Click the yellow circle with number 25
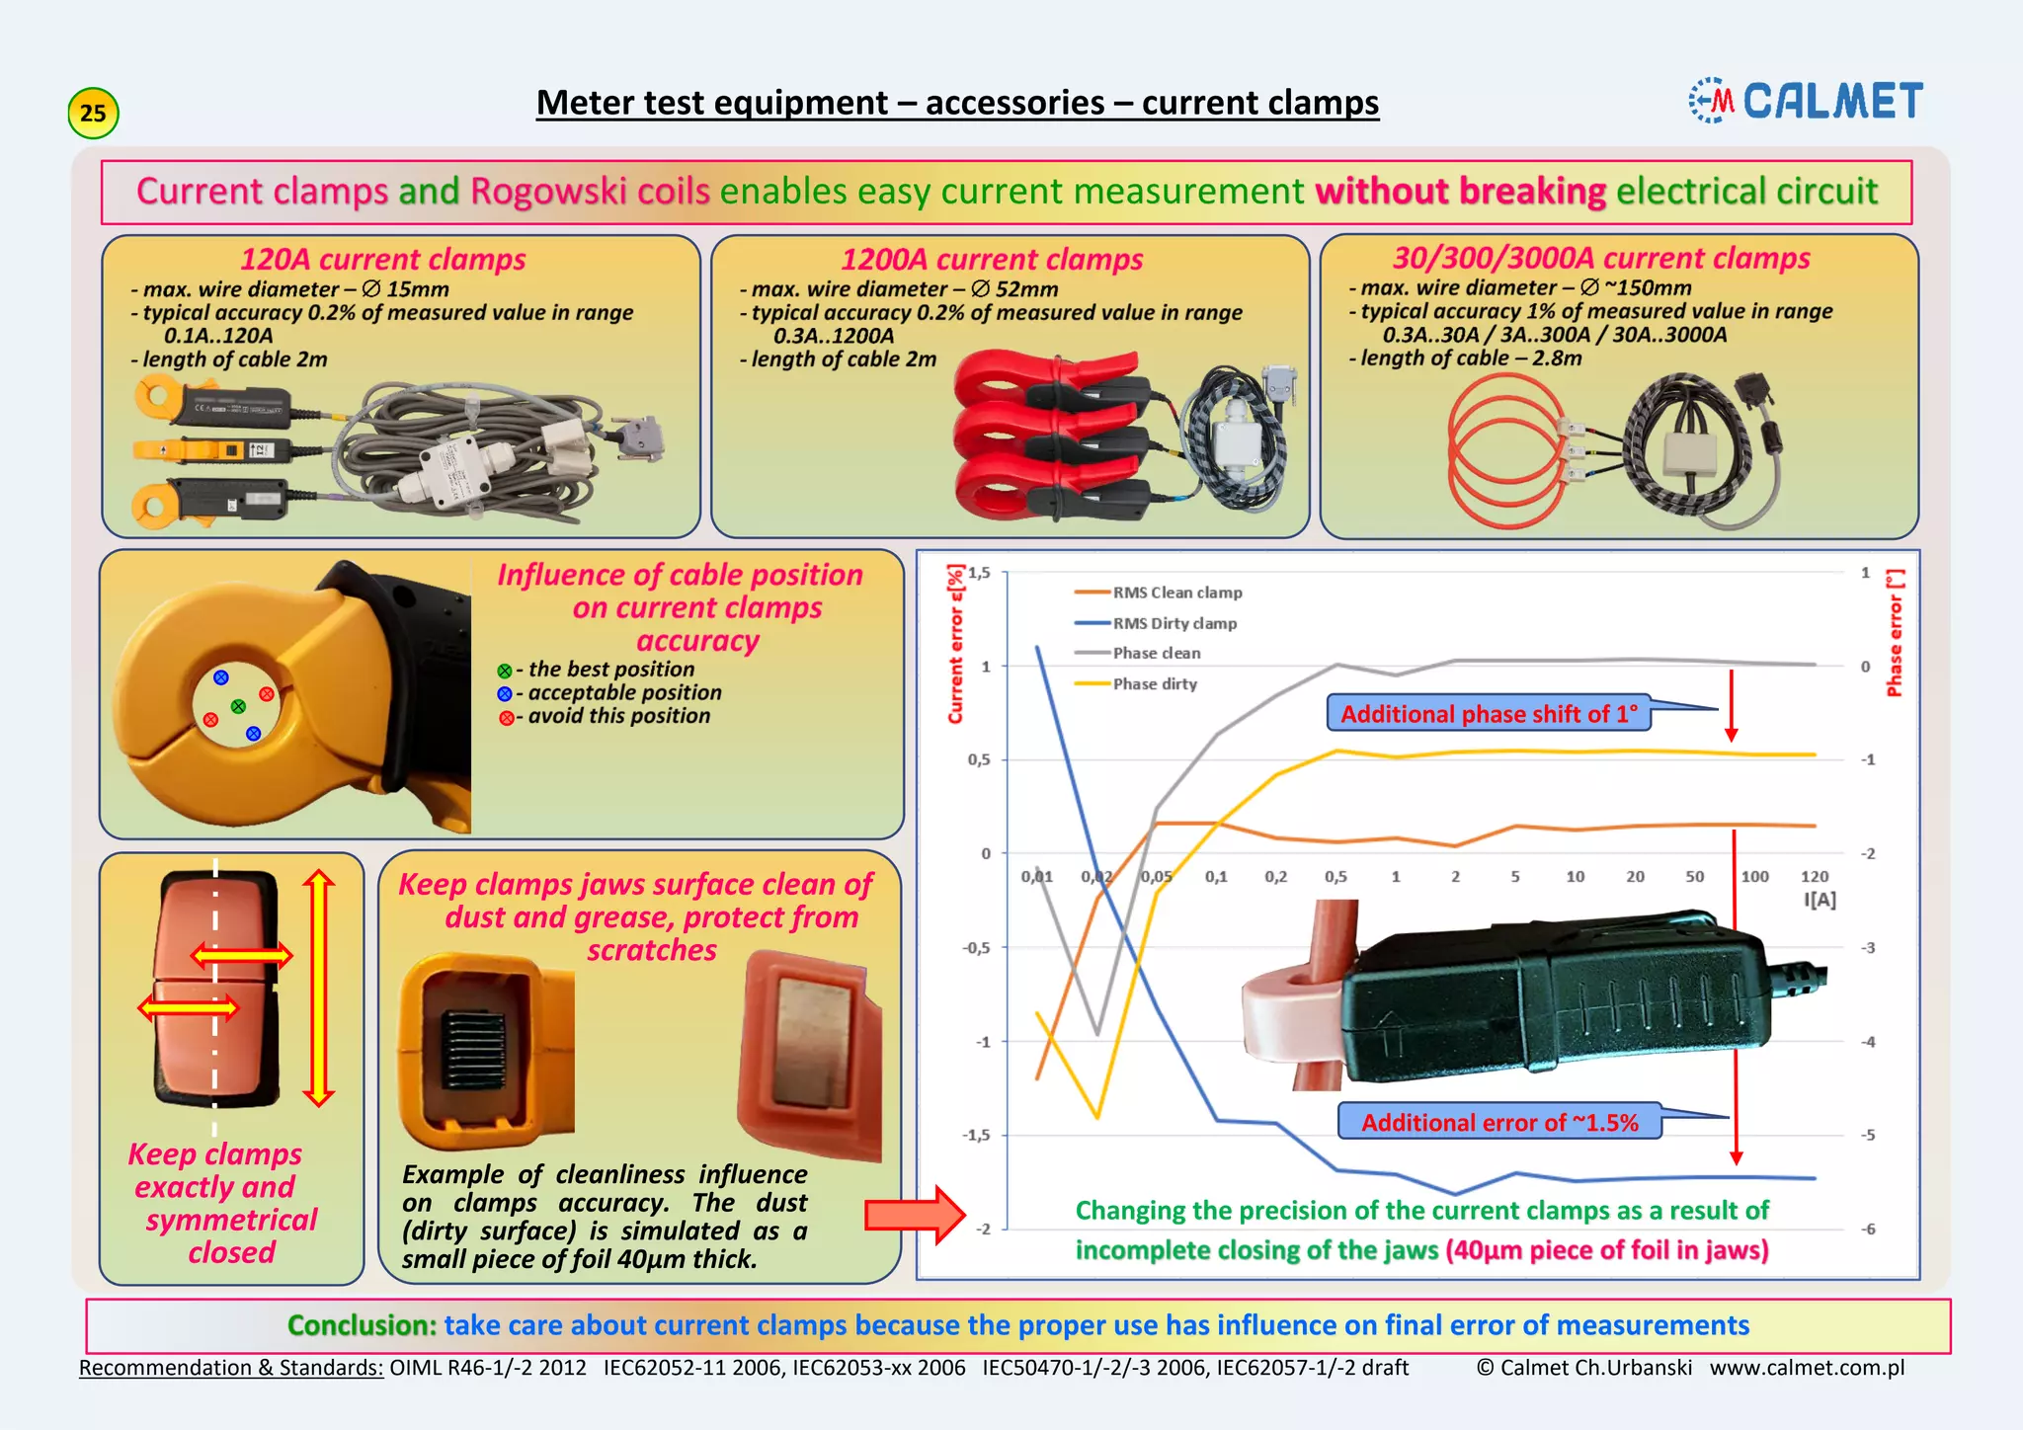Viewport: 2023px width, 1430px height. (x=93, y=113)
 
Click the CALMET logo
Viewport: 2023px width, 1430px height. (x=1806, y=101)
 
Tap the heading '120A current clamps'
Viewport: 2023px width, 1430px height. (x=382, y=259)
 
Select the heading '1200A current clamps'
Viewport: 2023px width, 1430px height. (x=991, y=259)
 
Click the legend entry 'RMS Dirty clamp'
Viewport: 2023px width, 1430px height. (x=1173, y=623)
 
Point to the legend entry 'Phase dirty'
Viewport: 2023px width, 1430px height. (x=1154, y=683)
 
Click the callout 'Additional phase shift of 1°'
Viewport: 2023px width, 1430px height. (x=1488, y=713)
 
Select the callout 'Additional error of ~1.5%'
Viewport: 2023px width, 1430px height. (x=1498, y=1122)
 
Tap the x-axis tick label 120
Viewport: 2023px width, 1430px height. (x=1814, y=876)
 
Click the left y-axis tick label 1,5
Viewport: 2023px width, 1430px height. (x=978, y=573)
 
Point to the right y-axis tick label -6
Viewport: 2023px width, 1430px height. (x=1867, y=1229)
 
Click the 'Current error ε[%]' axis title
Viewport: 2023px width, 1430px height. (x=954, y=644)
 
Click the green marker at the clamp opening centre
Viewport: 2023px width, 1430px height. (x=238, y=706)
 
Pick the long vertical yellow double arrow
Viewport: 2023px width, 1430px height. (x=318, y=988)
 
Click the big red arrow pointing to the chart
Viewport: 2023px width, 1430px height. (x=914, y=1215)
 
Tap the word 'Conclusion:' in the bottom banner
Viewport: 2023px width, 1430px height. (x=362, y=1325)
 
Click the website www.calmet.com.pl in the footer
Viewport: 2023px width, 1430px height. (x=1807, y=1368)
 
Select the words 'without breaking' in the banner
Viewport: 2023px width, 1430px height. (x=1460, y=191)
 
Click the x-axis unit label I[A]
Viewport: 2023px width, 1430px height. (x=1820, y=900)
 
